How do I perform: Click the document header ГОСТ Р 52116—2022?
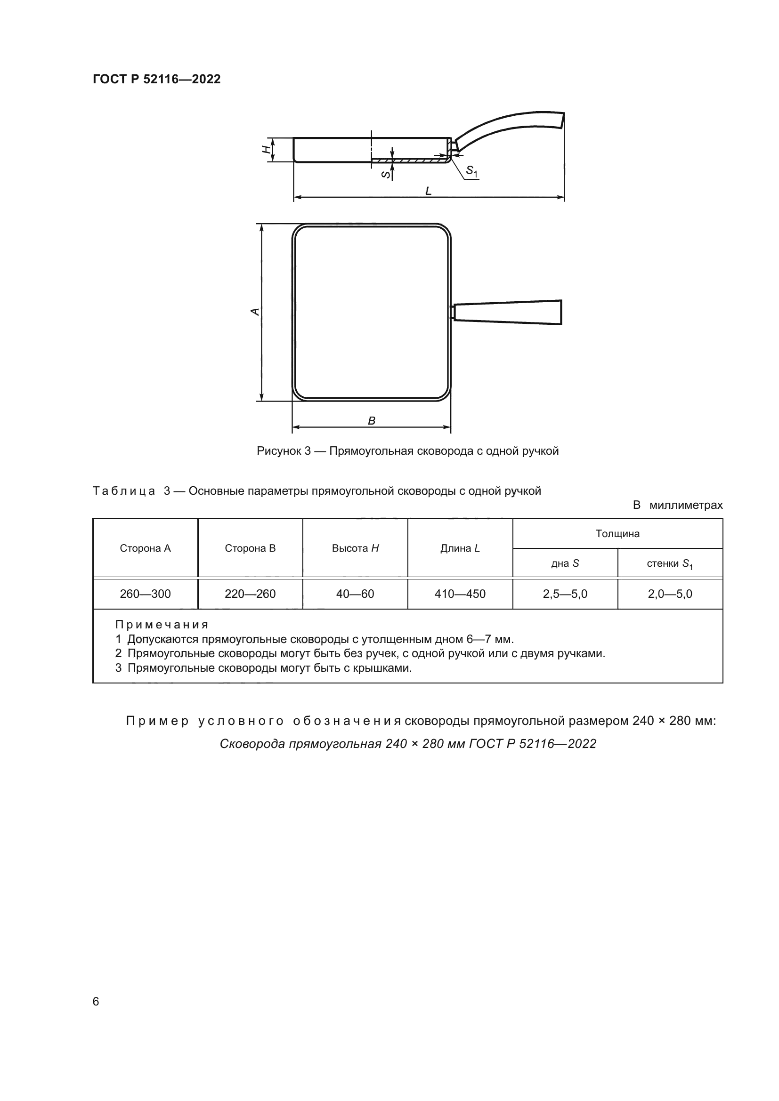pos(156,80)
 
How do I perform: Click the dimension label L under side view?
pos(428,191)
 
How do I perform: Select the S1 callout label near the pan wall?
pos(472,171)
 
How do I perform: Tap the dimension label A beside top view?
pos(256,312)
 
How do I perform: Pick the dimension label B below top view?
pos(371,420)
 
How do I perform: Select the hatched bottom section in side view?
pos(410,160)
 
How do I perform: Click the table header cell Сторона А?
pos(146,548)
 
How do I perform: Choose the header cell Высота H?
pos(355,548)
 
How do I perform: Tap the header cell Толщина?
pos(617,534)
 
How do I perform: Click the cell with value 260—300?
pos(146,594)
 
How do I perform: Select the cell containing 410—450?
pos(460,594)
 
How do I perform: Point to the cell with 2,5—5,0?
pos(565,594)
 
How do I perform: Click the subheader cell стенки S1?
pos(670,564)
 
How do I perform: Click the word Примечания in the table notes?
pos(162,624)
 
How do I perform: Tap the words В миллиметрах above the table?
pos(677,505)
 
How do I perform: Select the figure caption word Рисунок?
pos(278,451)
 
